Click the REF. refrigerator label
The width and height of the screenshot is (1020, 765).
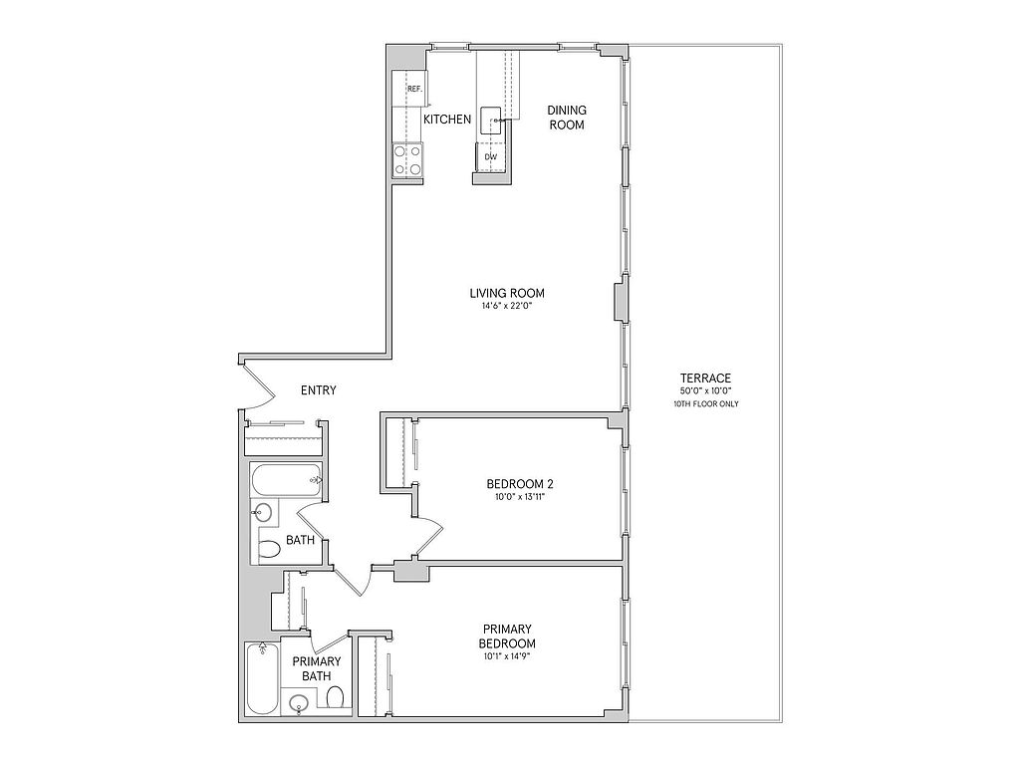coord(415,89)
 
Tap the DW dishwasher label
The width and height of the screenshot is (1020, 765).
coord(491,156)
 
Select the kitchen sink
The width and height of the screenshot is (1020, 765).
coord(492,121)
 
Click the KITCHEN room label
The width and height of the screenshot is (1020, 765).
coord(447,120)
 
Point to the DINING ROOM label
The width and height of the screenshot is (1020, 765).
coord(567,118)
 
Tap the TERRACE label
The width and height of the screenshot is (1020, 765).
coord(706,378)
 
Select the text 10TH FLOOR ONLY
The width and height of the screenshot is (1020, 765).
coord(706,404)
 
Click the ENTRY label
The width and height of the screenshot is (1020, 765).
coord(318,390)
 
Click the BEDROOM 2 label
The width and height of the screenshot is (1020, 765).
coord(520,484)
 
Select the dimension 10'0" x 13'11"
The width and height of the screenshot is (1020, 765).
coord(520,497)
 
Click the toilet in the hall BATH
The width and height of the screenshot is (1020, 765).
coord(269,550)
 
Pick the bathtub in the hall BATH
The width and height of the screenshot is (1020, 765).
coord(287,481)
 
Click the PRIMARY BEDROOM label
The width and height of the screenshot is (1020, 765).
coord(507,637)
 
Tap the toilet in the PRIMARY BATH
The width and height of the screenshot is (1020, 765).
coord(335,699)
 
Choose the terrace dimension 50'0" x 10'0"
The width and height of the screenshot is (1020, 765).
coord(706,390)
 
